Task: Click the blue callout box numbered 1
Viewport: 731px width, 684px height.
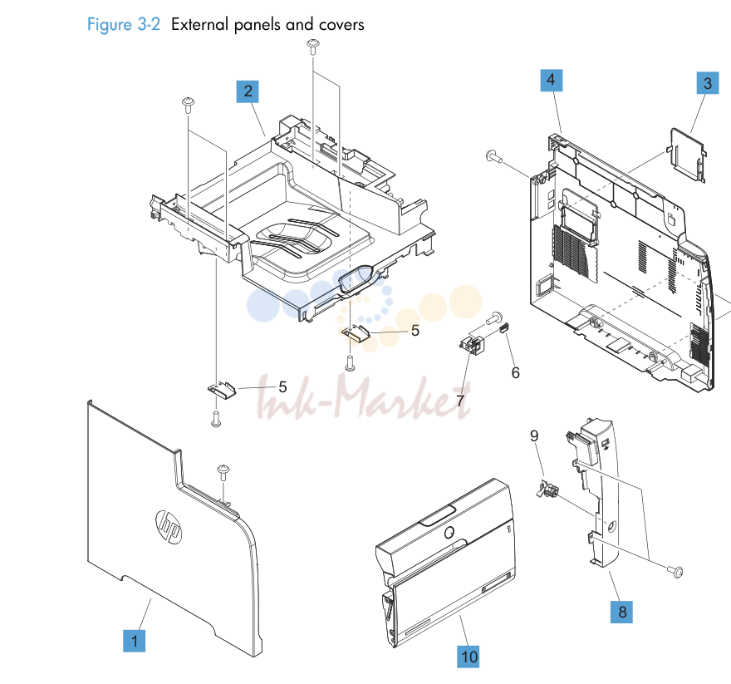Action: point(135,641)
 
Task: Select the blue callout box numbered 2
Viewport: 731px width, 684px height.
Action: point(248,91)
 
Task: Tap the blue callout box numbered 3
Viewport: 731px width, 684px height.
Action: point(708,83)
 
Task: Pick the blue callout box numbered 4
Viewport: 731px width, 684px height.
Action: point(551,80)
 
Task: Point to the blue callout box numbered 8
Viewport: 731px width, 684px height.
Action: point(622,612)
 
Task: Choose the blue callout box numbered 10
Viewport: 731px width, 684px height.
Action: point(469,657)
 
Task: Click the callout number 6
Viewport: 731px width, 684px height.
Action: point(515,373)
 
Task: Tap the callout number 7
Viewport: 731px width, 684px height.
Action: point(460,401)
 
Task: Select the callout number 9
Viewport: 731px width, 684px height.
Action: point(534,435)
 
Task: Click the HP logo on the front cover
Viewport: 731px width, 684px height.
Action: point(169,527)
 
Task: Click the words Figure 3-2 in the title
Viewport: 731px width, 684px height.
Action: point(124,24)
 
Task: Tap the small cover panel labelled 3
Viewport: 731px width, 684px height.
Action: point(687,155)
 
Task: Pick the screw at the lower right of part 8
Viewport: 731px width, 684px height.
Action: point(675,571)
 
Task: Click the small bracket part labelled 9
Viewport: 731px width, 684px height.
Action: point(548,490)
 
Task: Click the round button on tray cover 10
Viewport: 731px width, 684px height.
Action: point(449,533)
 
